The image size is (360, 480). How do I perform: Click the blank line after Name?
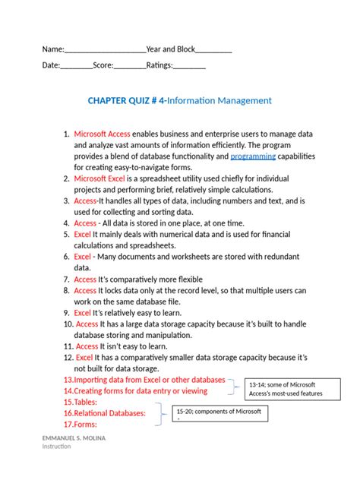105,49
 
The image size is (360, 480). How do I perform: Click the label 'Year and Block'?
171,49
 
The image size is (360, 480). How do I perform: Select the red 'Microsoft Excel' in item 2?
99,178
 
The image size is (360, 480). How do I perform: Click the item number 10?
68,324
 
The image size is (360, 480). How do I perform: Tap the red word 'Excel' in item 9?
82,312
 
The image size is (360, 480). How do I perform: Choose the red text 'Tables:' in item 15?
80,402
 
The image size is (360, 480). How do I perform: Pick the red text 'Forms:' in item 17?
79,425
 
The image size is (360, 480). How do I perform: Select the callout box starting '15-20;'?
220,415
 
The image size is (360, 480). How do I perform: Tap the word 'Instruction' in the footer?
57,447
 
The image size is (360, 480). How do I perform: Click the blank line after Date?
76,66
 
